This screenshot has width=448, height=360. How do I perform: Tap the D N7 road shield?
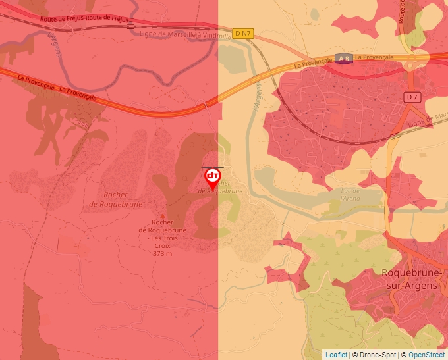pos(242,32)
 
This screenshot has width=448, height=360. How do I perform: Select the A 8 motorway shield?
pos(343,58)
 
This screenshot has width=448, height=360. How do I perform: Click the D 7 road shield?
pos(412,97)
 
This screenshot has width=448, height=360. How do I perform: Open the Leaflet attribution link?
pos(336,355)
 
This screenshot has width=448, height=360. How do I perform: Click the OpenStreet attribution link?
pos(426,355)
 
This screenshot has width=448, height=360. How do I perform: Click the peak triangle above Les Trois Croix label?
pos(163,215)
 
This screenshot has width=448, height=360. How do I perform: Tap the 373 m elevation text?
pos(162,253)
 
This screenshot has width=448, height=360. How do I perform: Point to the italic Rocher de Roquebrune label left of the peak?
pos(113,199)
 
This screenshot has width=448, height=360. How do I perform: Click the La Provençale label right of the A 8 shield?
pos(374,57)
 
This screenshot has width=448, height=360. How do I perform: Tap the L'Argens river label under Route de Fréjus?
pos(54,45)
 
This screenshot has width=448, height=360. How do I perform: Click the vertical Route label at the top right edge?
pos(402,9)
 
